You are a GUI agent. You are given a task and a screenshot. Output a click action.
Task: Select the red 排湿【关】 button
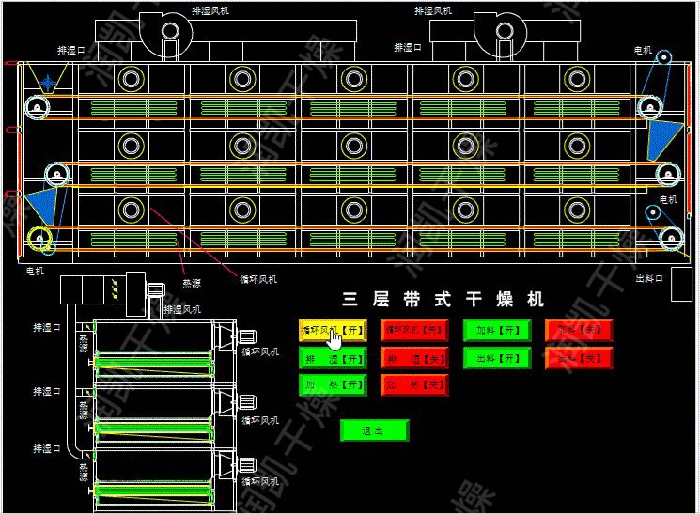tap(413, 358)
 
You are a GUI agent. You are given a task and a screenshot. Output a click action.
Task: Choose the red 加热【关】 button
tap(413, 385)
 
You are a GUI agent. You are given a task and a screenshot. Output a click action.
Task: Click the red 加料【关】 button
tap(578, 330)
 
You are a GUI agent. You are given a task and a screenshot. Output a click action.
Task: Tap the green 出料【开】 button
tap(496, 358)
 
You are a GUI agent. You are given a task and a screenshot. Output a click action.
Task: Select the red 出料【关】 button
tap(578, 358)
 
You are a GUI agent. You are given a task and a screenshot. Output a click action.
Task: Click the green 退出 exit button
tap(374, 430)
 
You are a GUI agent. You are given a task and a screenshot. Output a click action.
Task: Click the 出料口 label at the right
tap(649, 278)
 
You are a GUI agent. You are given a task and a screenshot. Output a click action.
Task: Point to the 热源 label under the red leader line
tap(191, 282)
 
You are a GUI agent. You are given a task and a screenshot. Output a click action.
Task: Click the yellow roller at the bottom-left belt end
tap(39, 239)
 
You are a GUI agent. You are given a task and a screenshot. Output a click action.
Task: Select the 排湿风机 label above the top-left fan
tap(210, 10)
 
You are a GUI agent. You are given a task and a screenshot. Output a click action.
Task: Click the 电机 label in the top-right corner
tap(645, 50)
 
